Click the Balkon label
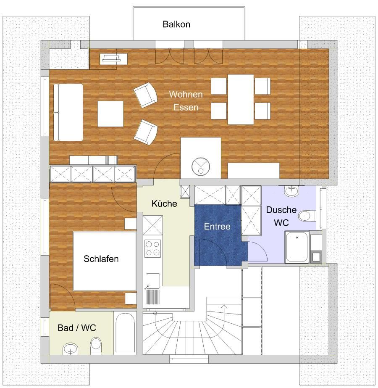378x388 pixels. point(176,24)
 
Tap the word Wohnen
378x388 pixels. point(186,94)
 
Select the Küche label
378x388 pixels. point(164,203)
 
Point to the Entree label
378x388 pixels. point(217,227)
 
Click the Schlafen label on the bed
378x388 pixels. point(101,259)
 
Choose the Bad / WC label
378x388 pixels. point(76,327)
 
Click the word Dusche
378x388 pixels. point(281,210)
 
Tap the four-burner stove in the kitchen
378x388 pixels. point(152,248)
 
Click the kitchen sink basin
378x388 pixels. point(153,281)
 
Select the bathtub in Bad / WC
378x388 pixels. point(125,333)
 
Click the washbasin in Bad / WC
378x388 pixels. point(71,349)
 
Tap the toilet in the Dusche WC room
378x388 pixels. point(307,216)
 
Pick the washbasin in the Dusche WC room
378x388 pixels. point(292,191)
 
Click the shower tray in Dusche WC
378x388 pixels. point(297,247)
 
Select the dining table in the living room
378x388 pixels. point(241,99)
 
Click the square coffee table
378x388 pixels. point(110,114)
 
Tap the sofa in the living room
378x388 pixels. point(68,112)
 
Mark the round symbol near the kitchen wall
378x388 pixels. point(201,166)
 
